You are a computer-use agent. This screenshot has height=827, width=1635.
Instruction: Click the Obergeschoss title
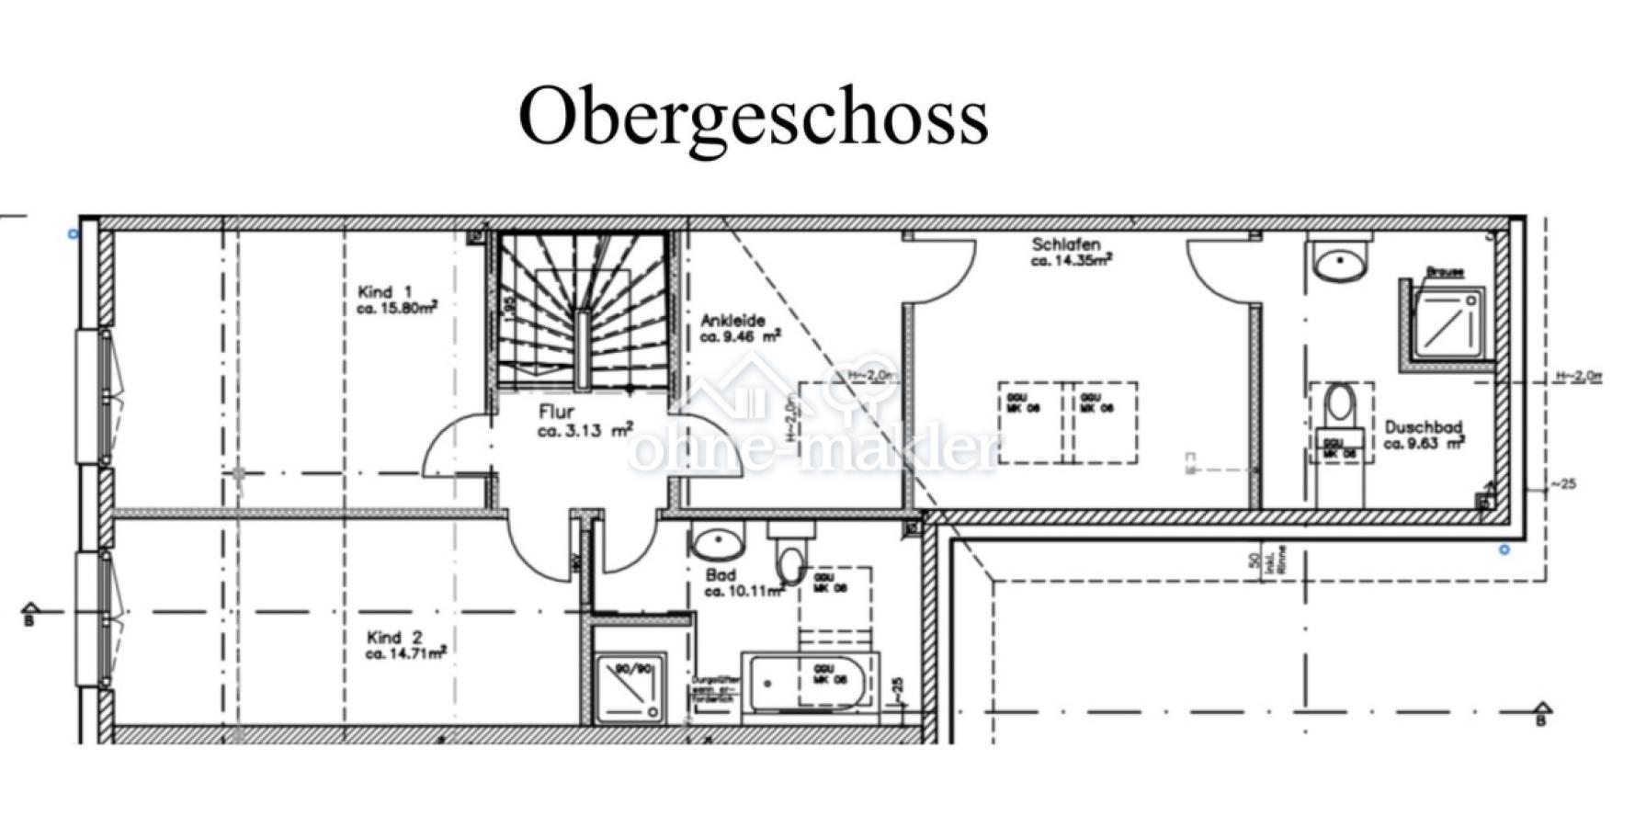[754, 115]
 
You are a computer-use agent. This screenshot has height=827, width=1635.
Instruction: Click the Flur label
[557, 413]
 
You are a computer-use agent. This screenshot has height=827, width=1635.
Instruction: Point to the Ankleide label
[732, 321]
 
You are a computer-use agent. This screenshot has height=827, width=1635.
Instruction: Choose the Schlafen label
[1066, 244]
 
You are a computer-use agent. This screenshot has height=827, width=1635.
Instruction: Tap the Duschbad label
[1423, 427]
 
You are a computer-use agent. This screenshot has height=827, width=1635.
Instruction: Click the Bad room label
[721, 575]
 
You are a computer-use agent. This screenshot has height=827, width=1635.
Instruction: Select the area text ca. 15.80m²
[396, 309]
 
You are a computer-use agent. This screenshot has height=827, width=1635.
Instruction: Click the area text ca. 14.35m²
[1072, 261]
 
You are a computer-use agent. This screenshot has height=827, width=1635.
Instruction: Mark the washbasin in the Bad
[720, 544]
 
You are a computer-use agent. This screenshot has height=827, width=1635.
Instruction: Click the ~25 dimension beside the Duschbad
[1562, 484]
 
